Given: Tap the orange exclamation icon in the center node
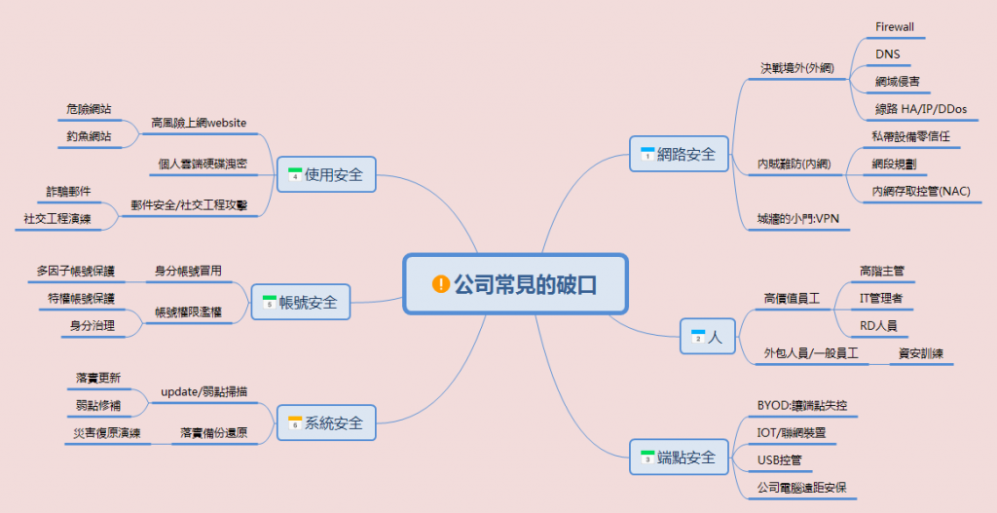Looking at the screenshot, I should [x=441, y=283].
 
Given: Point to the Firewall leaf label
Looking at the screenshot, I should [x=895, y=26].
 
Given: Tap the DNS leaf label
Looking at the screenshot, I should [x=887, y=55].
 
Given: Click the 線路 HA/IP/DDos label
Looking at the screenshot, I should [x=921, y=109].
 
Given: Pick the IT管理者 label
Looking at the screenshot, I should [x=881, y=298].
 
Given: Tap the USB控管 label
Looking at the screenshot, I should [x=779, y=459].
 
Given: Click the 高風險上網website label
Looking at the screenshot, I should [x=199, y=123].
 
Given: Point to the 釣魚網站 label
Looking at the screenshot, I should [x=89, y=136].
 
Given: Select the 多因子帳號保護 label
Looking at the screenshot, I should [x=75, y=270].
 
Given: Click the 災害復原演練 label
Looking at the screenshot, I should [x=106, y=432].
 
